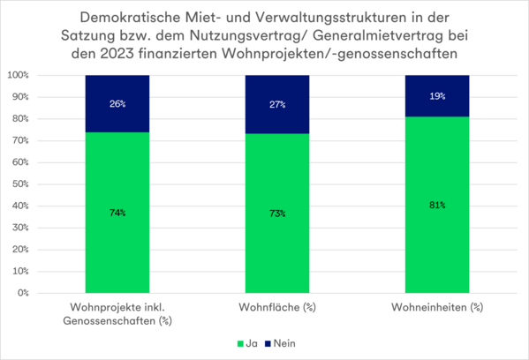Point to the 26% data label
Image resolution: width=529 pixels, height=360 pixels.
[x=117, y=103]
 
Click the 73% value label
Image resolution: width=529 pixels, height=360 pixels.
[x=277, y=213]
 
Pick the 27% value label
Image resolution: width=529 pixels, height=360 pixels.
[x=277, y=104]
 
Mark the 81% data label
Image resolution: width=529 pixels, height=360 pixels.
[x=437, y=205]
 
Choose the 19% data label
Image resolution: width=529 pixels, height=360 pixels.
[x=437, y=95]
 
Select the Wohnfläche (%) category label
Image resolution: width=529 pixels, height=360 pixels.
[x=277, y=307]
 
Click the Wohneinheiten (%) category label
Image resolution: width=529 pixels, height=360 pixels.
[x=437, y=307]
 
